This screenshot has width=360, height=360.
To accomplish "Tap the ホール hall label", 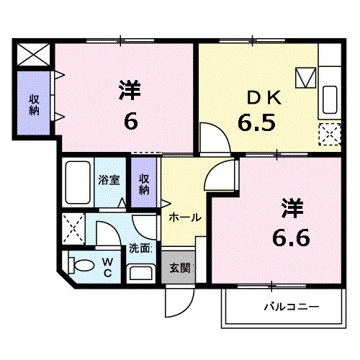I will click(x=184, y=217).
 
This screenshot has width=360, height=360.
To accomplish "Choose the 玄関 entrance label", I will click(x=179, y=269).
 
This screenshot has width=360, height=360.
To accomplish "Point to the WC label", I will click(x=106, y=268).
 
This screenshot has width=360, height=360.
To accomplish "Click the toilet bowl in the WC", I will click(x=81, y=265).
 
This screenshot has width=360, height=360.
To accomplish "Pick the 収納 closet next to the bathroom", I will click(x=143, y=184).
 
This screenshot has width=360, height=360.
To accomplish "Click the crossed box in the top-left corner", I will click(x=33, y=54).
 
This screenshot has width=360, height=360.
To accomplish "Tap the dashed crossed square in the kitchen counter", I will click(x=330, y=134).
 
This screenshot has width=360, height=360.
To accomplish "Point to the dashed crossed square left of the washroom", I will click(x=73, y=228).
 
